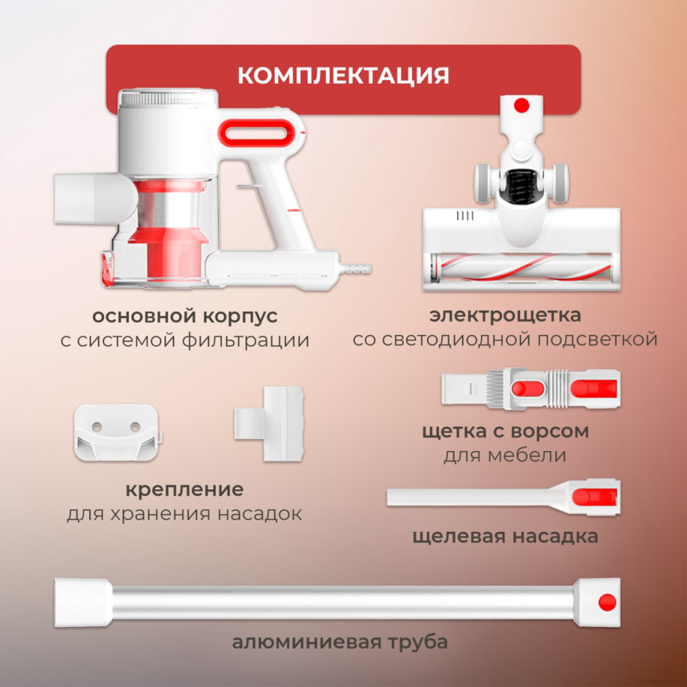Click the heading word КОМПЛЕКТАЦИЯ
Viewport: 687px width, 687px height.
pyautogui.click(x=343, y=75)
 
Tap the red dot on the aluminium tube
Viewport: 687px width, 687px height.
pyautogui.click(x=606, y=602)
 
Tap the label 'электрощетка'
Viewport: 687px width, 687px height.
pyautogui.click(x=505, y=314)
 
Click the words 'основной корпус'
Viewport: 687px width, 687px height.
pyautogui.click(x=185, y=314)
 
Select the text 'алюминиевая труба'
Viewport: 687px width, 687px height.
pyautogui.click(x=340, y=643)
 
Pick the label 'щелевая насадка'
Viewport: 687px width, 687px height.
pyautogui.click(x=505, y=536)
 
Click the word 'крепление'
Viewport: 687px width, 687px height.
pyautogui.click(x=184, y=489)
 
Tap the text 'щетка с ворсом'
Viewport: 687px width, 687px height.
pyautogui.click(x=505, y=431)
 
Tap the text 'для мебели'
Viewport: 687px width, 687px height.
pyautogui.click(x=505, y=455)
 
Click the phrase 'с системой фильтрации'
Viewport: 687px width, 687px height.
pyautogui.click(x=185, y=340)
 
